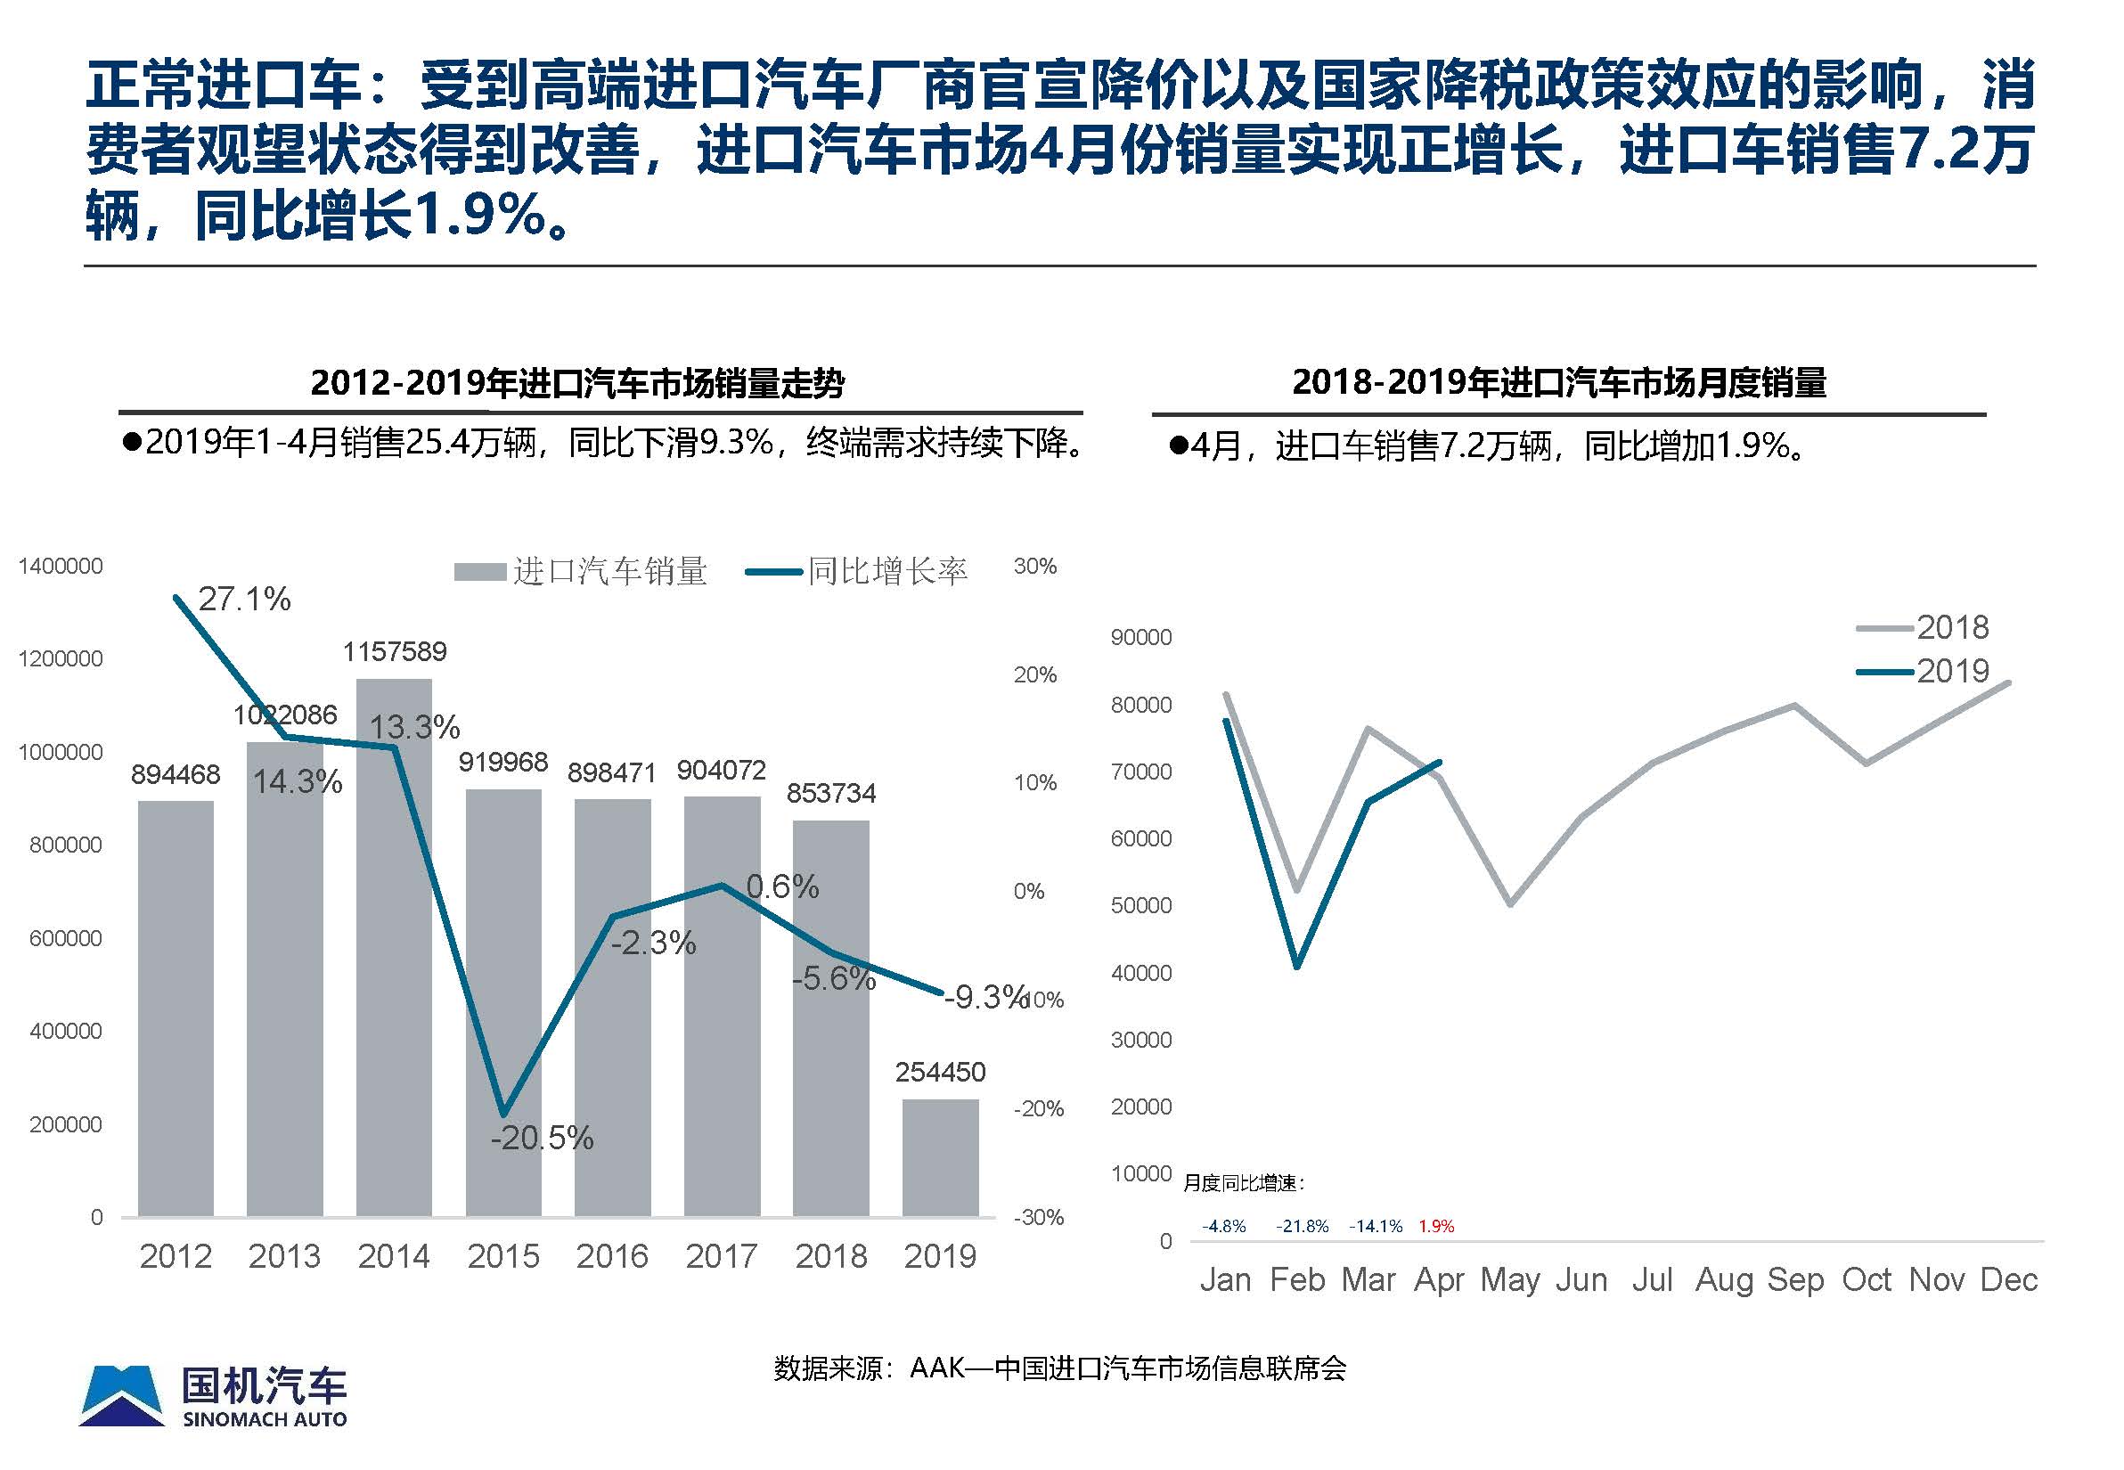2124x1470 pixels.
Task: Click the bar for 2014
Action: pyautogui.click(x=394, y=949)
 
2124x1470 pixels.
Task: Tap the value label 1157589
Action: pyautogui.click(x=394, y=652)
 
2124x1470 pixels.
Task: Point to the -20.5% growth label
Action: pyautogui.click(x=542, y=1139)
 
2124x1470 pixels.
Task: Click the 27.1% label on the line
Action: pyautogui.click(x=245, y=600)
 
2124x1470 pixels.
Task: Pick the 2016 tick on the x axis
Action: pyautogui.click(x=612, y=1256)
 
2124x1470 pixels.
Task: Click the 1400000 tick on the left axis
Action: pyautogui.click(x=61, y=567)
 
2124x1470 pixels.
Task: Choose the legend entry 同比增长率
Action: pyautogui.click(x=857, y=572)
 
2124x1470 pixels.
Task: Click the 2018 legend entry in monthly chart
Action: pyautogui.click(x=1924, y=628)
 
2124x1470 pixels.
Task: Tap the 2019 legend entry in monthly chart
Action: pyautogui.click(x=1924, y=672)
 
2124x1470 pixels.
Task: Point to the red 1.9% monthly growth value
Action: pyautogui.click(x=1437, y=1227)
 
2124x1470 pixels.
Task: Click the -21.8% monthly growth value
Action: pyautogui.click(x=1303, y=1227)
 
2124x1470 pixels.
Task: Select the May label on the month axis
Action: pyautogui.click(x=1510, y=1280)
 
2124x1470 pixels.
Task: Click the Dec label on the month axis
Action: pyautogui.click(x=2009, y=1280)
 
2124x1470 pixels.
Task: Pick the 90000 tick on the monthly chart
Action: pyautogui.click(x=1141, y=637)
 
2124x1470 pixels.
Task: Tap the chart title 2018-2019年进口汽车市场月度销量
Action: pyautogui.click(x=1559, y=382)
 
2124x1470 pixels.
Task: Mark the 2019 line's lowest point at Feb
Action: pyautogui.click(x=1297, y=965)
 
